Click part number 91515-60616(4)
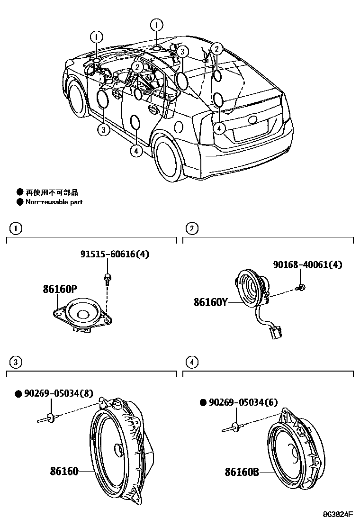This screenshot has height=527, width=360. point(114,254)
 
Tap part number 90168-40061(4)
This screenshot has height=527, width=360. point(307,264)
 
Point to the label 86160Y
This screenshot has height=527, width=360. point(210,301)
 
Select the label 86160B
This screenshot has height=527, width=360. point(242,472)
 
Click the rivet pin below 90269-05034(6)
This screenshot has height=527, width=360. point(233,427)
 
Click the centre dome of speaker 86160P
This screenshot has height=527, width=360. point(83,313)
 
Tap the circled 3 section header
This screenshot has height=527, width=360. point(16,363)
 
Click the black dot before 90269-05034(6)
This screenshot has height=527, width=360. point(203,402)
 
